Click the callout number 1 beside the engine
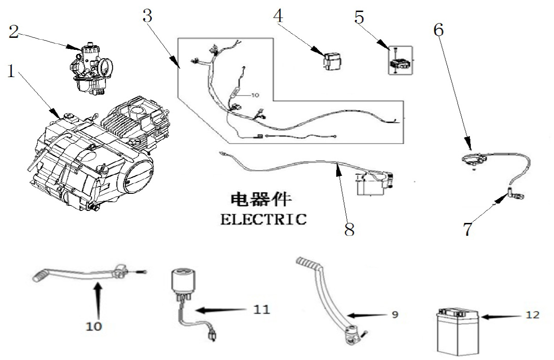click(11, 71)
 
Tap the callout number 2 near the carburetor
click(14, 32)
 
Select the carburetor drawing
click(91, 68)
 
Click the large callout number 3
click(147, 16)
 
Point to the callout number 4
click(278, 16)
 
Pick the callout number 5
click(359, 17)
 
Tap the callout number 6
click(439, 30)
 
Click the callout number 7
click(468, 229)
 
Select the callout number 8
click(349, 229)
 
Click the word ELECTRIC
click(264, 219)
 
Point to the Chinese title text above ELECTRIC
click(261, 199)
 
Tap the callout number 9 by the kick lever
click(395, 314)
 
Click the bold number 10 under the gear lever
click(94, 327)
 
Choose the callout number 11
click(261, 310)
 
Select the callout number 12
click(532, 315)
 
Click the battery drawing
click(458, 331)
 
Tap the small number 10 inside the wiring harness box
click(255, 95)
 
